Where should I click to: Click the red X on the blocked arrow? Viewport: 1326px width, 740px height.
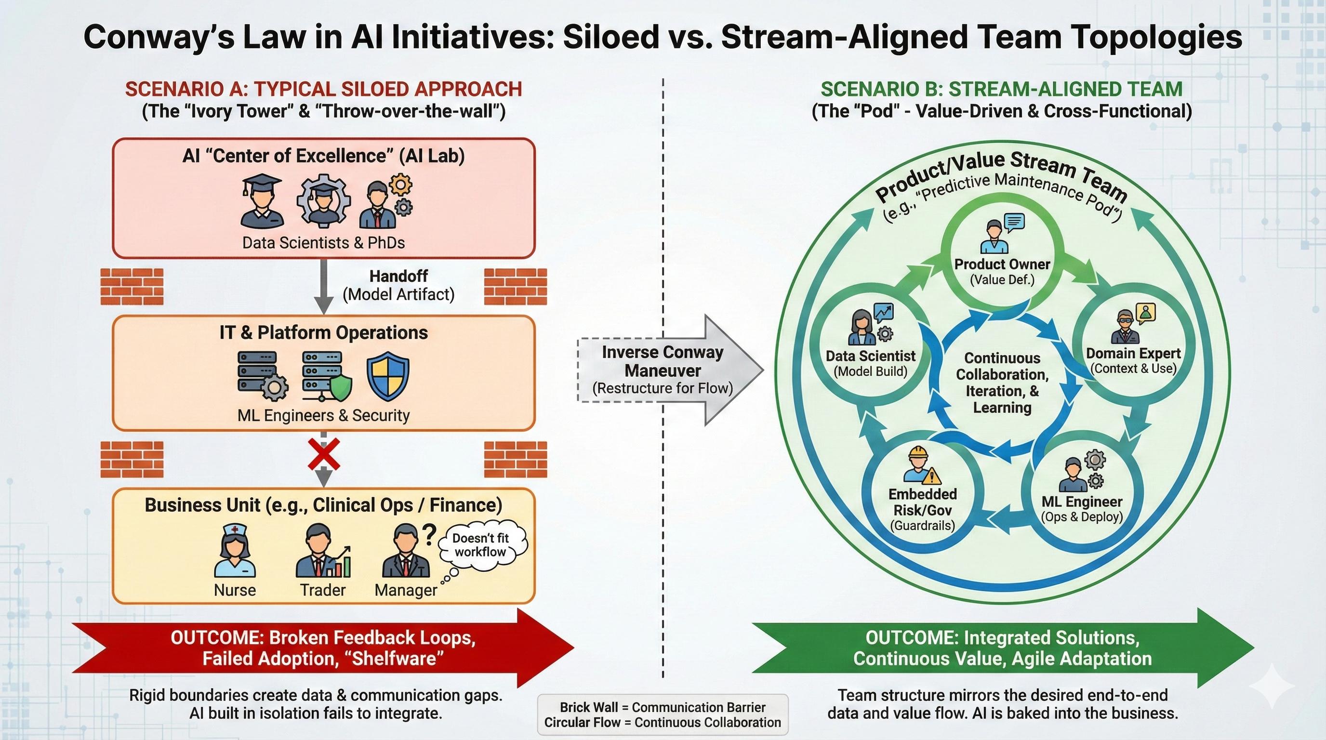[x=323, y=454]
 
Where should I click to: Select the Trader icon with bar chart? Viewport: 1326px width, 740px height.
[x=323, y=551]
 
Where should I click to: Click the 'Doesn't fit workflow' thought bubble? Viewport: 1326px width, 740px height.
[x=481, y=545]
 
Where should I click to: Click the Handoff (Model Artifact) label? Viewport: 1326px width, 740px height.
[x=398, y=285]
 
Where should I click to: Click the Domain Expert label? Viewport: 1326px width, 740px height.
[x=1133, y=354]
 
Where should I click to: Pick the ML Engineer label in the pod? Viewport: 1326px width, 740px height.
[x=1082, y=502]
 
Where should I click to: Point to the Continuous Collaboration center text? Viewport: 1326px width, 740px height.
[x=1002, y=383]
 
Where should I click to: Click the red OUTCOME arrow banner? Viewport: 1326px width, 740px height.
[x=323, y=648]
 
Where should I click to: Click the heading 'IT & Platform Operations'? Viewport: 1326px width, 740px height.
[x=323, y=332]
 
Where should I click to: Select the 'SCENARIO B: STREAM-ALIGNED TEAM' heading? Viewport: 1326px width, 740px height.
[x=1001, y=89]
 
